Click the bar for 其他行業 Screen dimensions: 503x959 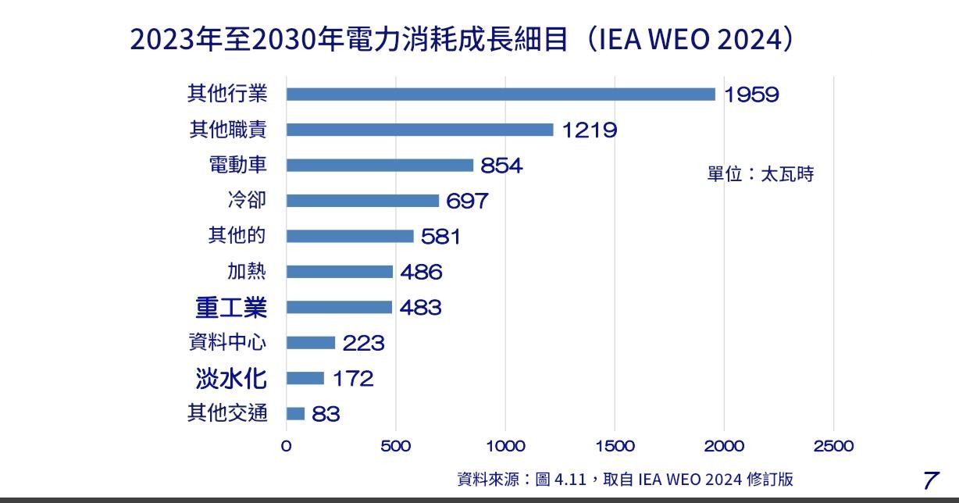pyautogui.click(x=501, y=95)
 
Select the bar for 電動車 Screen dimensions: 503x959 pyautogui.click(x=380, y=166)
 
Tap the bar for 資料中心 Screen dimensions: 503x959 pyautogui.click(x=310, y=343)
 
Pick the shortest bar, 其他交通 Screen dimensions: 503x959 pyautogui.click(x=295, y=414)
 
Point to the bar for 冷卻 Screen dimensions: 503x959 pyautogui.click(x=362, y=201)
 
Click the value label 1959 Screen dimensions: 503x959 pyautogui.click(x=751, y=95)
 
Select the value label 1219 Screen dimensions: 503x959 pyautogui.click(x=590, y=130)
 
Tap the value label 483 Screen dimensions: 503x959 pyautogui.click(x=420, y=308)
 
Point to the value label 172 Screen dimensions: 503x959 pyautogui.click(x=353, y=379)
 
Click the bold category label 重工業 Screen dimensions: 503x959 pyautogui.click(x=230, y=307)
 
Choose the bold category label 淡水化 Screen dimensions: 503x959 pyautogui.click(x=230, y=379)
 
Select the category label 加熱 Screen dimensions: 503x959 pyautogui.click(x=246, y=272)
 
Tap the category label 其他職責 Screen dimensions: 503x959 pyautogui.click(x=227, y=130)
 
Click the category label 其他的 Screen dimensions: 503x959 pyautogui.click(x=237, y=236)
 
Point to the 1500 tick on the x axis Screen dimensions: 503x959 pyautogui.click(x=615, y=446)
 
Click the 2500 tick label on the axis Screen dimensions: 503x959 pyautogui.click(x=833, y=446)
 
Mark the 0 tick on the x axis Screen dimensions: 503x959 pyautogui.click(x=286, y=446)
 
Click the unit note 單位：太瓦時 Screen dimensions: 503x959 pyautogui.click(x=760, y=174)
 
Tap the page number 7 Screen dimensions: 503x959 pyautogui.click(x=930, y=480)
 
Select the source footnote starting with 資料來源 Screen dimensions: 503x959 pyautogui.click(x=625, y=479)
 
